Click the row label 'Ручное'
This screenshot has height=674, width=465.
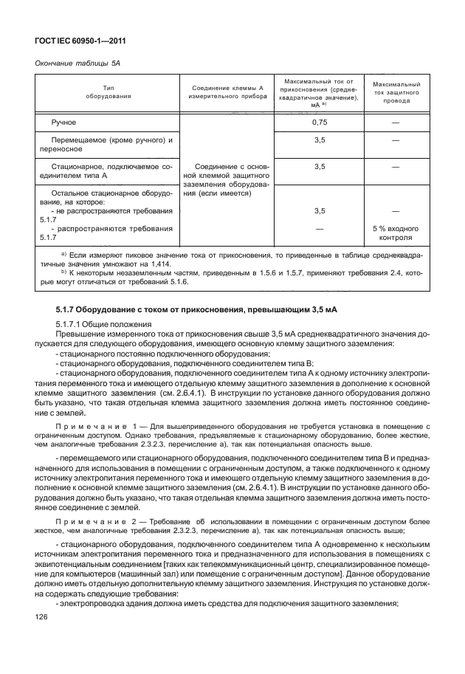point(63,121)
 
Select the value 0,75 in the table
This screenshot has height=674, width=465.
point(319,121)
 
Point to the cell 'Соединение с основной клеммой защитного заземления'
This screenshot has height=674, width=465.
point(224,180)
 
